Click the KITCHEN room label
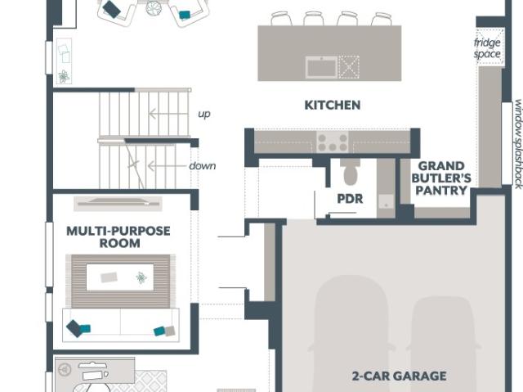[x=333, y=106]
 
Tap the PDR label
[x=350, y=199]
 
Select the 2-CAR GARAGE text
[x=399, y=376]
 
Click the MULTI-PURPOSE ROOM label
[x=118, y=237]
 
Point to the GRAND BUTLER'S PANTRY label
[x=441, y=178]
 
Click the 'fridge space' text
[x=487, y=48]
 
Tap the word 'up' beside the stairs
[x=204, y=115]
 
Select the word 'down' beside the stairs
[x=203, y=165]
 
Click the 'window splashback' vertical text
[x=518, y=144]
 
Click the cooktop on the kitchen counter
[x=333, y=142]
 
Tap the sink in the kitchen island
[x=321, y=67]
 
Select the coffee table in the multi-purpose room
[x=120, y=277]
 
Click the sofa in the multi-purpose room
[x=121, y=324]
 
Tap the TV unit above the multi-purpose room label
[x=118, y=203]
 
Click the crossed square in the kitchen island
[x=349, y=67]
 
